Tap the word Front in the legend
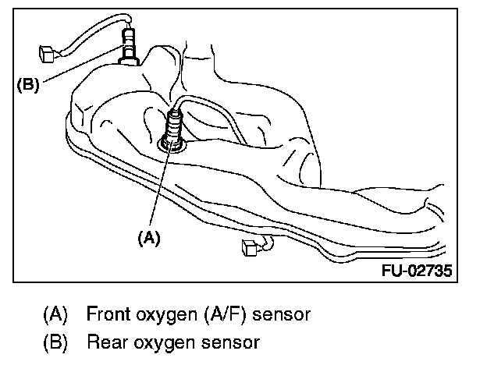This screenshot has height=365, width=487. [x=107, y=315]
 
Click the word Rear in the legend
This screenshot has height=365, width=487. [x=105, y=342]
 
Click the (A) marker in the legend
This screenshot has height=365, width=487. [x=55, y=315]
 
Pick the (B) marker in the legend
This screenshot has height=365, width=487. [x=55, y=342]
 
